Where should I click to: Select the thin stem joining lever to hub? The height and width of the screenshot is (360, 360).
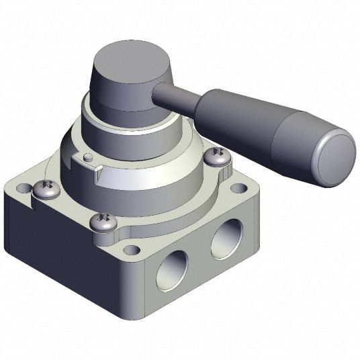[176, 97]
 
